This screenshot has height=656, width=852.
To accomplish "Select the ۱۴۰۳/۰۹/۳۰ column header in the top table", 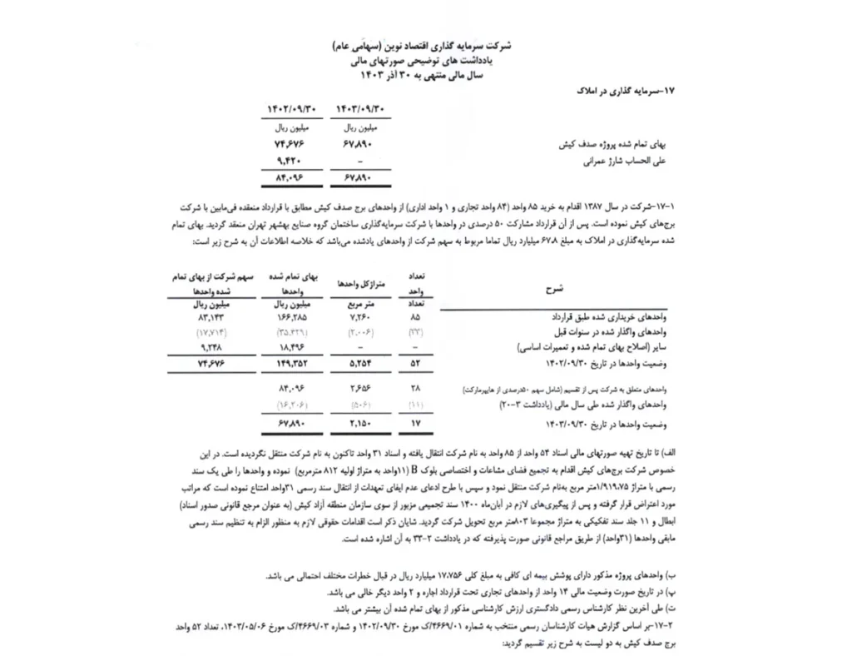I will pyautogui.click(x=360, y=109).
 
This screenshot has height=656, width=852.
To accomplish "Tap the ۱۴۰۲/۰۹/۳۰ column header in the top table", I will pyautogui.click(x=292, y=109).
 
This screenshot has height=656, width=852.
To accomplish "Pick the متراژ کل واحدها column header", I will pyautogui.click(x=359, y=284).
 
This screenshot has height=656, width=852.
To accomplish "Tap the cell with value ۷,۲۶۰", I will pyautogui.click(x=359, y=318).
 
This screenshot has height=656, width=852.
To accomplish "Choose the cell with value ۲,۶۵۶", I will pyautogui.click(x=359, y=388).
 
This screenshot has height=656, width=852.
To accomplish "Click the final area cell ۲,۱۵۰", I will pyautogui.click(x=359, y=425).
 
